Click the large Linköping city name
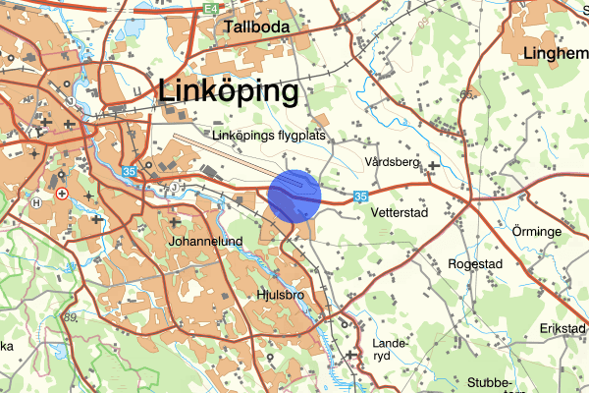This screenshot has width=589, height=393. click(228, 91)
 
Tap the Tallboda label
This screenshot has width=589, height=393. click(256, 27)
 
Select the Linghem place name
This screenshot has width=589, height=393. click(557, 53)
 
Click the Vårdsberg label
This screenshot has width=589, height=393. click(391, 161)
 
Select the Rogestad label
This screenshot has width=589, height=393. click(475, 264)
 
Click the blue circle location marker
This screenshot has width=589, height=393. click(295, 196)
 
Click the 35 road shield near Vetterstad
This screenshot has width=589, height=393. click(361, 196)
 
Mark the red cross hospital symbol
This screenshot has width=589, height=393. click(63, 194)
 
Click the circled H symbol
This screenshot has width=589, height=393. click(37, 202)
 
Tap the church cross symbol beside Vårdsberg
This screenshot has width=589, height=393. click(433, 165)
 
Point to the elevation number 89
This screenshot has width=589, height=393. click(69, 316)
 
